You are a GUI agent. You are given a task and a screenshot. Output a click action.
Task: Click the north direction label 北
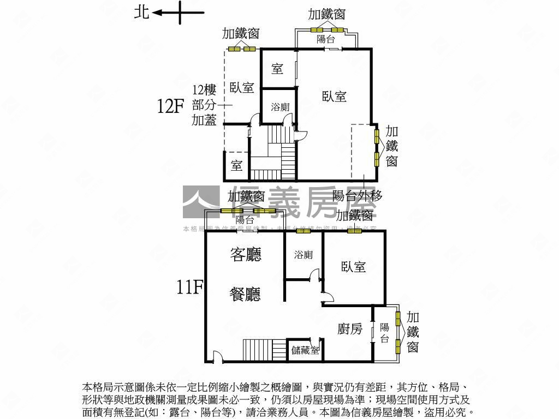(x=141, y=12)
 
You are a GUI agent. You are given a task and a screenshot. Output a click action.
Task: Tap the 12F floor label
(x=170, y=106)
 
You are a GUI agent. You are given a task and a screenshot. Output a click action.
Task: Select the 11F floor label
(x=189, y=286)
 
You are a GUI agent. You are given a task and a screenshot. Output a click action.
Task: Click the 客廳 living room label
(x=246, y=254)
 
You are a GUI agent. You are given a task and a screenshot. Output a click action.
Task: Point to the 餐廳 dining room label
(x=245, y=295)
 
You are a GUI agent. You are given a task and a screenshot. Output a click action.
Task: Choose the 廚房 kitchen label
(x=350, y=328)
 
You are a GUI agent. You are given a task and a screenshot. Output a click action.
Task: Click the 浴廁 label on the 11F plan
(x=303, y=255)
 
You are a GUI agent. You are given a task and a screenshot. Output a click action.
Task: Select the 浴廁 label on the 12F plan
(x=280, y=107)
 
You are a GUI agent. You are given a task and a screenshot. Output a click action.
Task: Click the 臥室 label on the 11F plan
(x=353, y=267)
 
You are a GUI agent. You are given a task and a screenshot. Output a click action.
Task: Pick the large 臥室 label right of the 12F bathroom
(x=334, y=97)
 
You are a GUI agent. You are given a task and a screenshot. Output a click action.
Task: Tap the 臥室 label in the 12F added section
(x=242, y=87)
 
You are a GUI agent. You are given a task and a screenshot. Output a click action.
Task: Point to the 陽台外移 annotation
(x=357, y=195)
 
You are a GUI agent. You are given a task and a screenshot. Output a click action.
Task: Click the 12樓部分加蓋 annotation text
(x=204, y=105)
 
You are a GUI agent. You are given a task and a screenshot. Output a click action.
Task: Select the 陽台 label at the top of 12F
(x=326, y=39)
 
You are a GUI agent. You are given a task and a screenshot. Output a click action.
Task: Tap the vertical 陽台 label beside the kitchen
(x=384, y=333)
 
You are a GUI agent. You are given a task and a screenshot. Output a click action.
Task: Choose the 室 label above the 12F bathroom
(x=277, y=69)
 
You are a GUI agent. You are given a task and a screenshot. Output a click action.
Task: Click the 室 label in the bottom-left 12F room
(x=236, y=166)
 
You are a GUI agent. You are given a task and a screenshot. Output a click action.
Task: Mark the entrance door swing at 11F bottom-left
(x=217, y=357)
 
